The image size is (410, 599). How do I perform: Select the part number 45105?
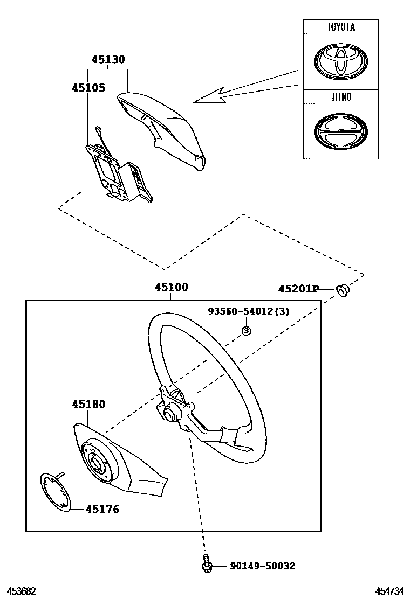point(88,88)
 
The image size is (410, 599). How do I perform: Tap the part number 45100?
point(171,288)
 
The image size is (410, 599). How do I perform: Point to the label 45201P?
point(298,289)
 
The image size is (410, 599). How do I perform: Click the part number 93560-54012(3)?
point(249,311)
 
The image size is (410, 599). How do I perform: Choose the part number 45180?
point(88,405)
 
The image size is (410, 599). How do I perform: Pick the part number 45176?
point(102,509)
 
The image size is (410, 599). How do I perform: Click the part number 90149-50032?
point(262,566)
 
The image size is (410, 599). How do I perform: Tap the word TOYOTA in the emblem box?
point(340,27)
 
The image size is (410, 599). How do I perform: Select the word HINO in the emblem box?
point(340,97)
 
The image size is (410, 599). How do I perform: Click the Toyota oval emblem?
point(340,61)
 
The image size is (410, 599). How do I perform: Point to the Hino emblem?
point(340,131)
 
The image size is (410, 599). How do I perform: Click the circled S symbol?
point(245,331)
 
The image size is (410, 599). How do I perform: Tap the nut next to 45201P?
point(341,290)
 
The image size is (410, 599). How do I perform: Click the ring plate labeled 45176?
point(56,491)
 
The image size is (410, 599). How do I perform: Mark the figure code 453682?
point(21,591)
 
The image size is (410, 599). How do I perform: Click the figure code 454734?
point(390,591)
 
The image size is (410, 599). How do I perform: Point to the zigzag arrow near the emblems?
point(227,93)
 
